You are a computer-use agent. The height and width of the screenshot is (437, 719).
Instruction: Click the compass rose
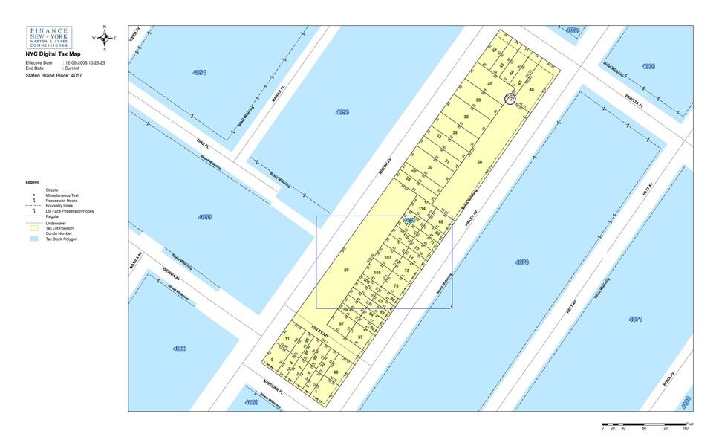click(x=105, y=36)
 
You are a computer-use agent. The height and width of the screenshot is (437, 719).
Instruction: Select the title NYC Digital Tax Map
click(x=53, y=54)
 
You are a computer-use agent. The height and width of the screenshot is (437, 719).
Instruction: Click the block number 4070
click(x=521, y=262)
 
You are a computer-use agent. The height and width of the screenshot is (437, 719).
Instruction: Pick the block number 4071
click(x=635, y=319)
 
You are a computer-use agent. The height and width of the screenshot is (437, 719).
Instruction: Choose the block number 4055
click(x=205, y=217)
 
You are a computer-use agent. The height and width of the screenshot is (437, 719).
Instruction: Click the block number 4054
click(x=199, y=72)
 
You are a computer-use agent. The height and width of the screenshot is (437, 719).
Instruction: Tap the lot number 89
click(x=346, y=270)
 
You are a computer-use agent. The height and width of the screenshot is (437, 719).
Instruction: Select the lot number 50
click(x=480, y=162)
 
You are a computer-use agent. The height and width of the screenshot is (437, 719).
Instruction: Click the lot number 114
click(x=422, y=209)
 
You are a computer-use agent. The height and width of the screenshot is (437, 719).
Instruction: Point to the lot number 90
click(x=336, y=372)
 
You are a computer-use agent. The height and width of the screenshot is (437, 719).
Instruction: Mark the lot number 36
click(x=466, y=117)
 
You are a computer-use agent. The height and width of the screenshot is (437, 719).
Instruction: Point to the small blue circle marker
click(x=510, y=99)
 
